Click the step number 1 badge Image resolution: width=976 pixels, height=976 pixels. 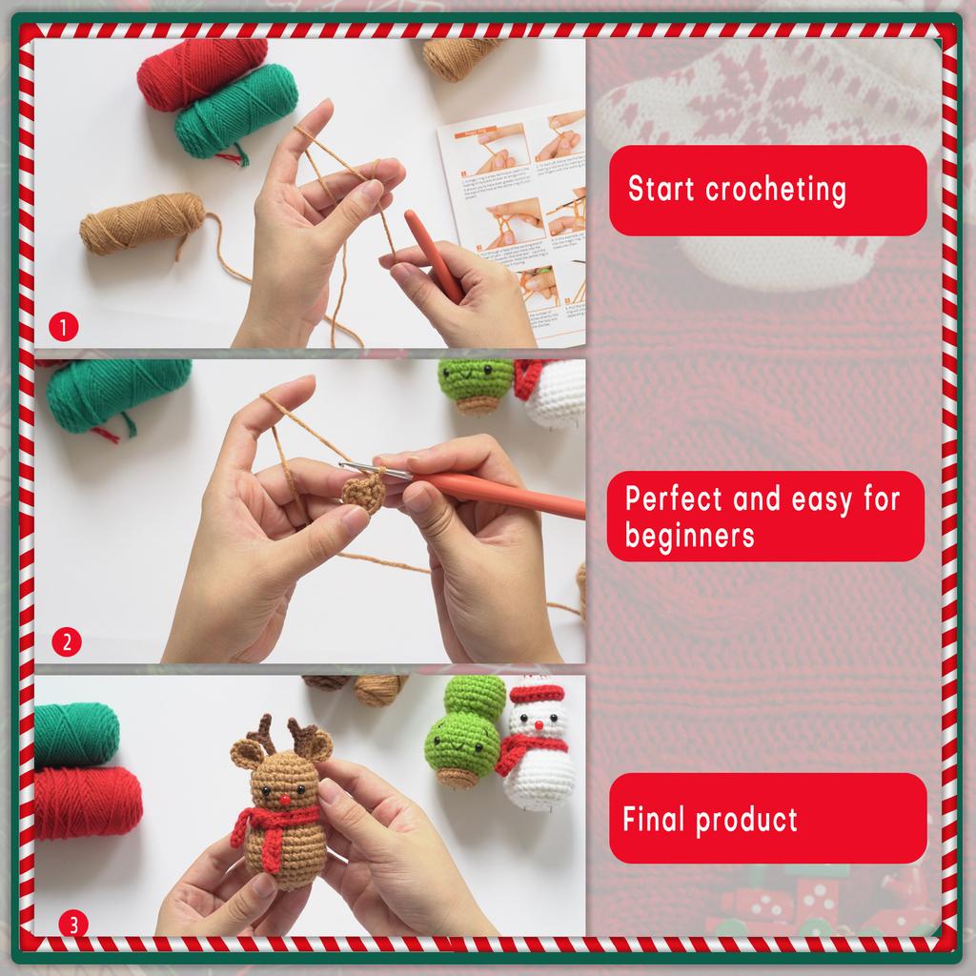(x=63, y=329)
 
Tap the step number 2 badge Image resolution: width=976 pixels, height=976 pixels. (x=66, y=641)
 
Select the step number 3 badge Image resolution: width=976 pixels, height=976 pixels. (x=73, y=924)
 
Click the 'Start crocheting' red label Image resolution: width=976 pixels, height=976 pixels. (x=767, y=190)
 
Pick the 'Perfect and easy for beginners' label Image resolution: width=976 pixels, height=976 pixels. (x=765, y=516)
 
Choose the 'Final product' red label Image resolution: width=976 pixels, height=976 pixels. (x=767, y=819)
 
